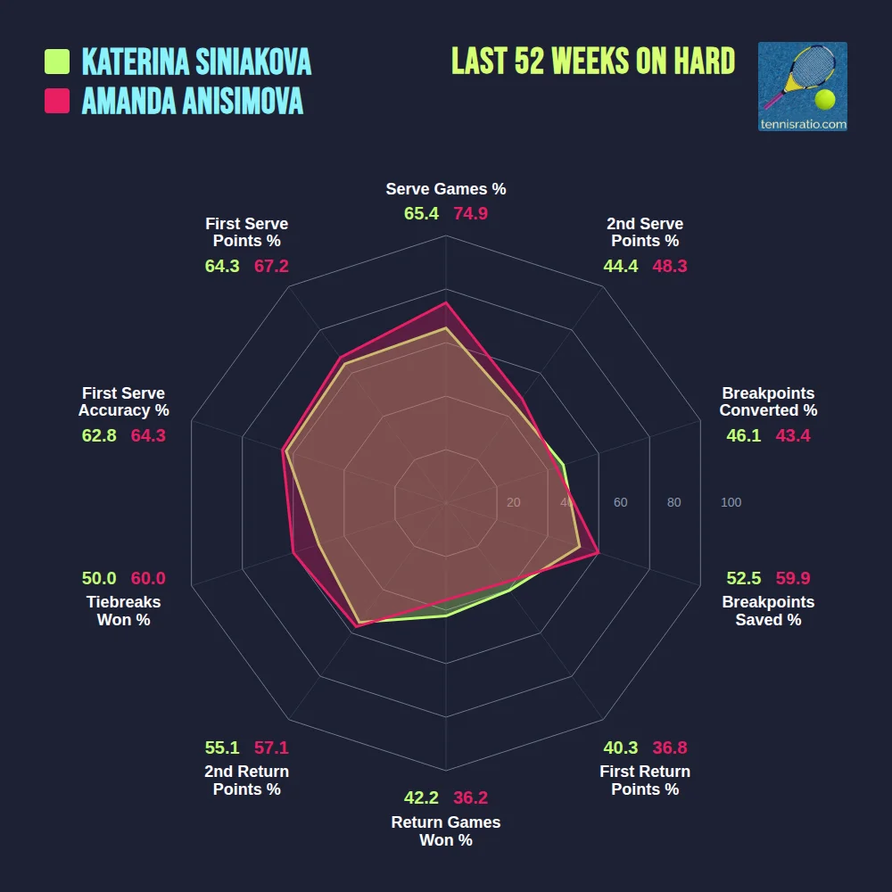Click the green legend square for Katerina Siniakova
(x=57, y=62)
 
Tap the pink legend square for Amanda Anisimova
(x=57, y=101)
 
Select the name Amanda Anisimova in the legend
(x=193, y=101)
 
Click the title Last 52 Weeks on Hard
(x=593, y=61)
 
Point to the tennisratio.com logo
(x=802, y=87)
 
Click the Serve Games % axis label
(x=446, y=189)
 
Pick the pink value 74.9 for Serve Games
(x=470, y=214)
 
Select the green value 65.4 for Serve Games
(x=421, y=214)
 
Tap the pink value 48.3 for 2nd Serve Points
(x=669, y=266)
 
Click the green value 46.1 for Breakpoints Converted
(x=744, y=435)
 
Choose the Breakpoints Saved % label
(x=768, y=611)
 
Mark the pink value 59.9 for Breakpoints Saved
(x=792, y=578)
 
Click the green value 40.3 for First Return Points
(x=620, y=747)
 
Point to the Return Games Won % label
(x=446, y=831)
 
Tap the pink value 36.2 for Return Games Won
(x=470, y=797)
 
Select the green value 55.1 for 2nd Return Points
(x=222, y=747)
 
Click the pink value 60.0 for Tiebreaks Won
(x=148, y=578)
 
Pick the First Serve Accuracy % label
(x=123, y=402)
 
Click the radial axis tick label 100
(x=731, y=502)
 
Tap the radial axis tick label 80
(x=673, y=502)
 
